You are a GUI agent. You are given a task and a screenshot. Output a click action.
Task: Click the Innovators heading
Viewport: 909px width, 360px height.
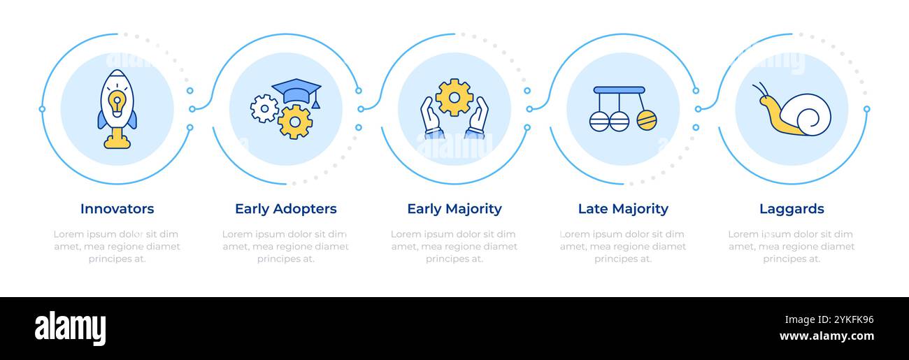click(x=117, y=208)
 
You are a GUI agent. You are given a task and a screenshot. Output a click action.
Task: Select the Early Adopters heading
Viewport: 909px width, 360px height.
click(x=286, y=209)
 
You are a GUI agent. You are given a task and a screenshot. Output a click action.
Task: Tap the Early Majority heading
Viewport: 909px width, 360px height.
click(x=454, y=209)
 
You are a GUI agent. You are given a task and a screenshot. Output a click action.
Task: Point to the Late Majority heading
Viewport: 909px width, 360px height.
click(x=623, y=209)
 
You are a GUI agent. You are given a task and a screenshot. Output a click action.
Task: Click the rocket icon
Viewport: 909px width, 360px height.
click(x=117, y=109)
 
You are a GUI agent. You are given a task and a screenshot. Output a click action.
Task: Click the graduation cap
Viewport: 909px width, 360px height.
click(x=296, y=92)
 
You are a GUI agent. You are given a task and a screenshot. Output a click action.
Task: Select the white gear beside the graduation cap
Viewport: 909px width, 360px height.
click(x=264, y=108)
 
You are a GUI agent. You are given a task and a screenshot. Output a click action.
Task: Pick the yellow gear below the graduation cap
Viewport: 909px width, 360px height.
click(x=295, y=122)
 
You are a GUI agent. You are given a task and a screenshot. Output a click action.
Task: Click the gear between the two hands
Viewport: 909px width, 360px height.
click(x=454, y=97)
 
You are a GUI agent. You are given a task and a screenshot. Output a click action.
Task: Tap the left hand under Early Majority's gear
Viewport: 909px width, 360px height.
click(x=431, y=117)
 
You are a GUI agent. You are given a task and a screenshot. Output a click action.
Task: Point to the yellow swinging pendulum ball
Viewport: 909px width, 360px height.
click(x=647, y=120)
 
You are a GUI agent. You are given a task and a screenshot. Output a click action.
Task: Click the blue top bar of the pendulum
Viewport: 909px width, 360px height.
click(x=619, y=90)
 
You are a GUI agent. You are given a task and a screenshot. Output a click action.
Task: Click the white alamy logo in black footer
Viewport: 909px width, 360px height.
click(x=70, y=328)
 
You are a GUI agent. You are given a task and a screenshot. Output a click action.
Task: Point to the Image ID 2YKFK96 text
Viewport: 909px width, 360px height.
click(x=829, y=320)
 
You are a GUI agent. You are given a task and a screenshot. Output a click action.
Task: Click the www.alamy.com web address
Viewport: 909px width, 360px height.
click(x=826, y=336)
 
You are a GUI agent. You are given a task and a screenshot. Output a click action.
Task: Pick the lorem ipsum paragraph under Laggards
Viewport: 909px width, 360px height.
click(x=792, y=246)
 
